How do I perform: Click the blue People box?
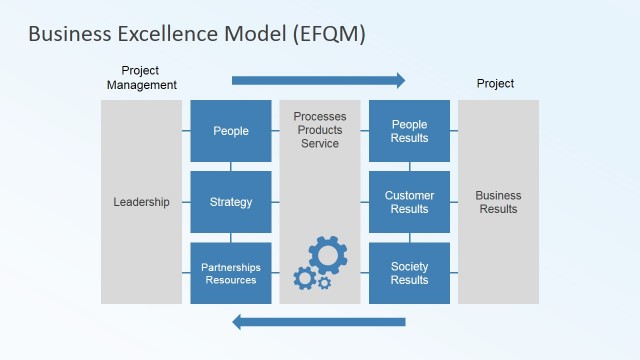(x=231, y=131)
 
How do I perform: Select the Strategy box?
(x=231, y=202)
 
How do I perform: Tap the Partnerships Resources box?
(x=231, y=273)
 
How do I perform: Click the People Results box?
(x=409, y=131)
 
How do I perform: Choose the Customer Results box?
(x=409, y=202)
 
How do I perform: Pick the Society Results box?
(x=409, y=273)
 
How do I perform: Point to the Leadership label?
(x=141, y=202)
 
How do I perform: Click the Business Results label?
(x=498, y=202)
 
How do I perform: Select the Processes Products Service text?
(x=319, y=131)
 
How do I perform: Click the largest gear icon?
(x=327, y=256)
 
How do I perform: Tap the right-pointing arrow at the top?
(x=319, y=81)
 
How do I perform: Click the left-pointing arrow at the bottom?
(x=319, y=321)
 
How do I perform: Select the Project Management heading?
(x=141, y=78)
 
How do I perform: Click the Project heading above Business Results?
(x=495, y=84)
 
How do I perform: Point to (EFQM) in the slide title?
(x=329, y=34)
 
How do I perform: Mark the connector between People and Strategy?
(x=231, y=166)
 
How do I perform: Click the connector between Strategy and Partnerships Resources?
(x=231, y=237)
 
